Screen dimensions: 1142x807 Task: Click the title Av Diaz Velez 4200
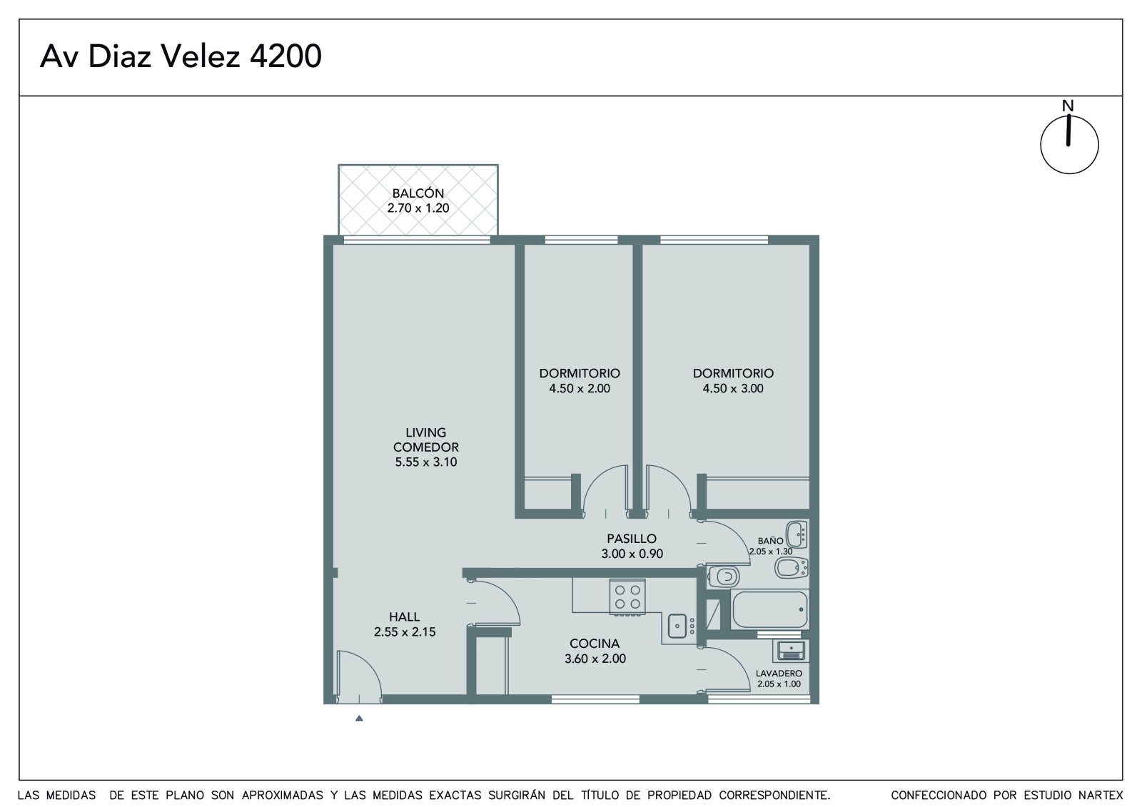pyautogui.click(x=181, y=56)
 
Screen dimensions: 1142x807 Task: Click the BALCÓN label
pyautogui.click(x=418, y=193)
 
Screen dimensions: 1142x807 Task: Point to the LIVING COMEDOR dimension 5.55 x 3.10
pyautogui.click(x=425, y=462)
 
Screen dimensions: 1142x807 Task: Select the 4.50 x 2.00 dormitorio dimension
pyautogui.click(x=580, y=388)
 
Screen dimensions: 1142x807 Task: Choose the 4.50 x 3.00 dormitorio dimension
pyautogui.click(x=733, y=388)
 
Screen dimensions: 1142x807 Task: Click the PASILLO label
pyautogui.click(x=632, y=538)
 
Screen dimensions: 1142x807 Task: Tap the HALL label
pyautogui.click(x=404, y=617)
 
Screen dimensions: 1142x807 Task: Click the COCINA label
pyautogui.click(x=595, y=644)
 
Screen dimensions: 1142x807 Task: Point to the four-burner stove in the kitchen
pyautogui.click(x=627, y=597)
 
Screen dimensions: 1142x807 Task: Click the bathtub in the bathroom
pyautogui.click(x=770, y=610)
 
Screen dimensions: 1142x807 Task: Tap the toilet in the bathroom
pyautogui.click(x=723, y=577)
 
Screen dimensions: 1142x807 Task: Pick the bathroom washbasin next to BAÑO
pyautogui.click(x=797, y=534)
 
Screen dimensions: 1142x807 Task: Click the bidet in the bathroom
pyautogui.click(x=792, y=567)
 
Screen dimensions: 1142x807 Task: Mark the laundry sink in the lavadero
pyautogui.click(x=791, y=651)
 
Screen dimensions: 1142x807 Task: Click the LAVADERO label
pyautogui.click(x=779, y=674)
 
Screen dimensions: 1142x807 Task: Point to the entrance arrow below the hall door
pyautogui.click(x=359, y=719)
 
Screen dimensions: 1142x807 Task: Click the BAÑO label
pyautogui.click(x=770, y=541)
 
